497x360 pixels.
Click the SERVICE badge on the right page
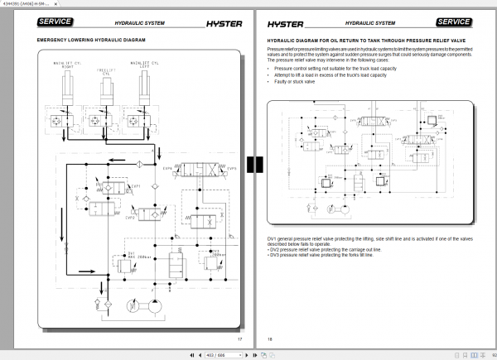453,22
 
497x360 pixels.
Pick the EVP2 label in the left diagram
130,218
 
